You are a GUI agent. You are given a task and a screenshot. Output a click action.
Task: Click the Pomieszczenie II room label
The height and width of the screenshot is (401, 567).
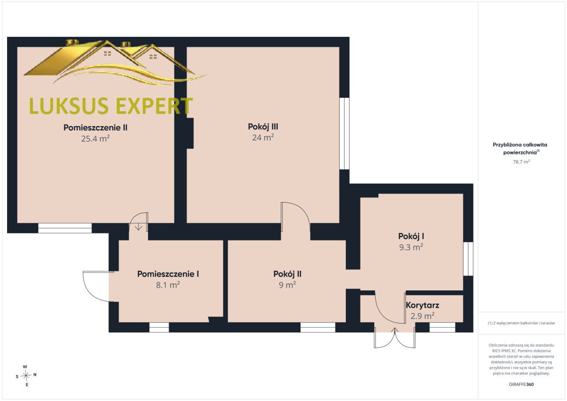(95, 128)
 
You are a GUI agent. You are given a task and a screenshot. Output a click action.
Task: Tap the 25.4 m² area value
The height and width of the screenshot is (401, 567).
(95, 139)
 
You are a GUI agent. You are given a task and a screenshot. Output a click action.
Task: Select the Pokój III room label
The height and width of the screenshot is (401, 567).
(263, 127)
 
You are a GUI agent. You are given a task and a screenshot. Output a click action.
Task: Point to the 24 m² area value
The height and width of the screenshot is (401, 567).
(263, 137)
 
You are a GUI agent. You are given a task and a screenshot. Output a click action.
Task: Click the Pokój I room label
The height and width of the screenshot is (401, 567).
(411, 236)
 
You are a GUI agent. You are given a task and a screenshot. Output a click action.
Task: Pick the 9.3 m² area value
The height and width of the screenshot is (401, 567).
(411, 247)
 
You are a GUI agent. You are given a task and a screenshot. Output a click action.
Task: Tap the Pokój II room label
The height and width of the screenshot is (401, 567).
(287, 274)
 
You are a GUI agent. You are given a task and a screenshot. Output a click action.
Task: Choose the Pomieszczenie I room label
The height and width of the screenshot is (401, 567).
(168, 274)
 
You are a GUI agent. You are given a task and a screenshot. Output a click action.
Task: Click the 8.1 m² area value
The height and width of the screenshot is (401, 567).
(168, 285)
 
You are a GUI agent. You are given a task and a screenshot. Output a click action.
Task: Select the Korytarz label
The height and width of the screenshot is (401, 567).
(422, 305)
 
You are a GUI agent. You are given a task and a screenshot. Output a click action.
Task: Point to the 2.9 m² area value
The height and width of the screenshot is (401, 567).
(422, 316)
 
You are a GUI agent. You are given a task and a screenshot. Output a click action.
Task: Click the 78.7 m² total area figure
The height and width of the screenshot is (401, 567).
(521, 162)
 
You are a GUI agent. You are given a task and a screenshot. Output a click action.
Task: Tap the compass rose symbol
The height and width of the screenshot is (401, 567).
(26, 375)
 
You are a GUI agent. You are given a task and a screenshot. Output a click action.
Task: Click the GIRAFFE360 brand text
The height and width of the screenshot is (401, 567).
(521, 384)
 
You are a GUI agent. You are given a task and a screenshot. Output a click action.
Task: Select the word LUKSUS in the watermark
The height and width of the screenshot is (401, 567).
(69, 106)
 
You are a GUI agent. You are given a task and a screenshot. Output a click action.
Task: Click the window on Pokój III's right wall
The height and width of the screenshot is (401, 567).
(344, 133)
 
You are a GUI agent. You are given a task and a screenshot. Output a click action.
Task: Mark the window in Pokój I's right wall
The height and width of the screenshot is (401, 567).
(468, 259)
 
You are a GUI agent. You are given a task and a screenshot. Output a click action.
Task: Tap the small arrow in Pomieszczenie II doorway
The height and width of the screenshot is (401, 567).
(138, 227)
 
